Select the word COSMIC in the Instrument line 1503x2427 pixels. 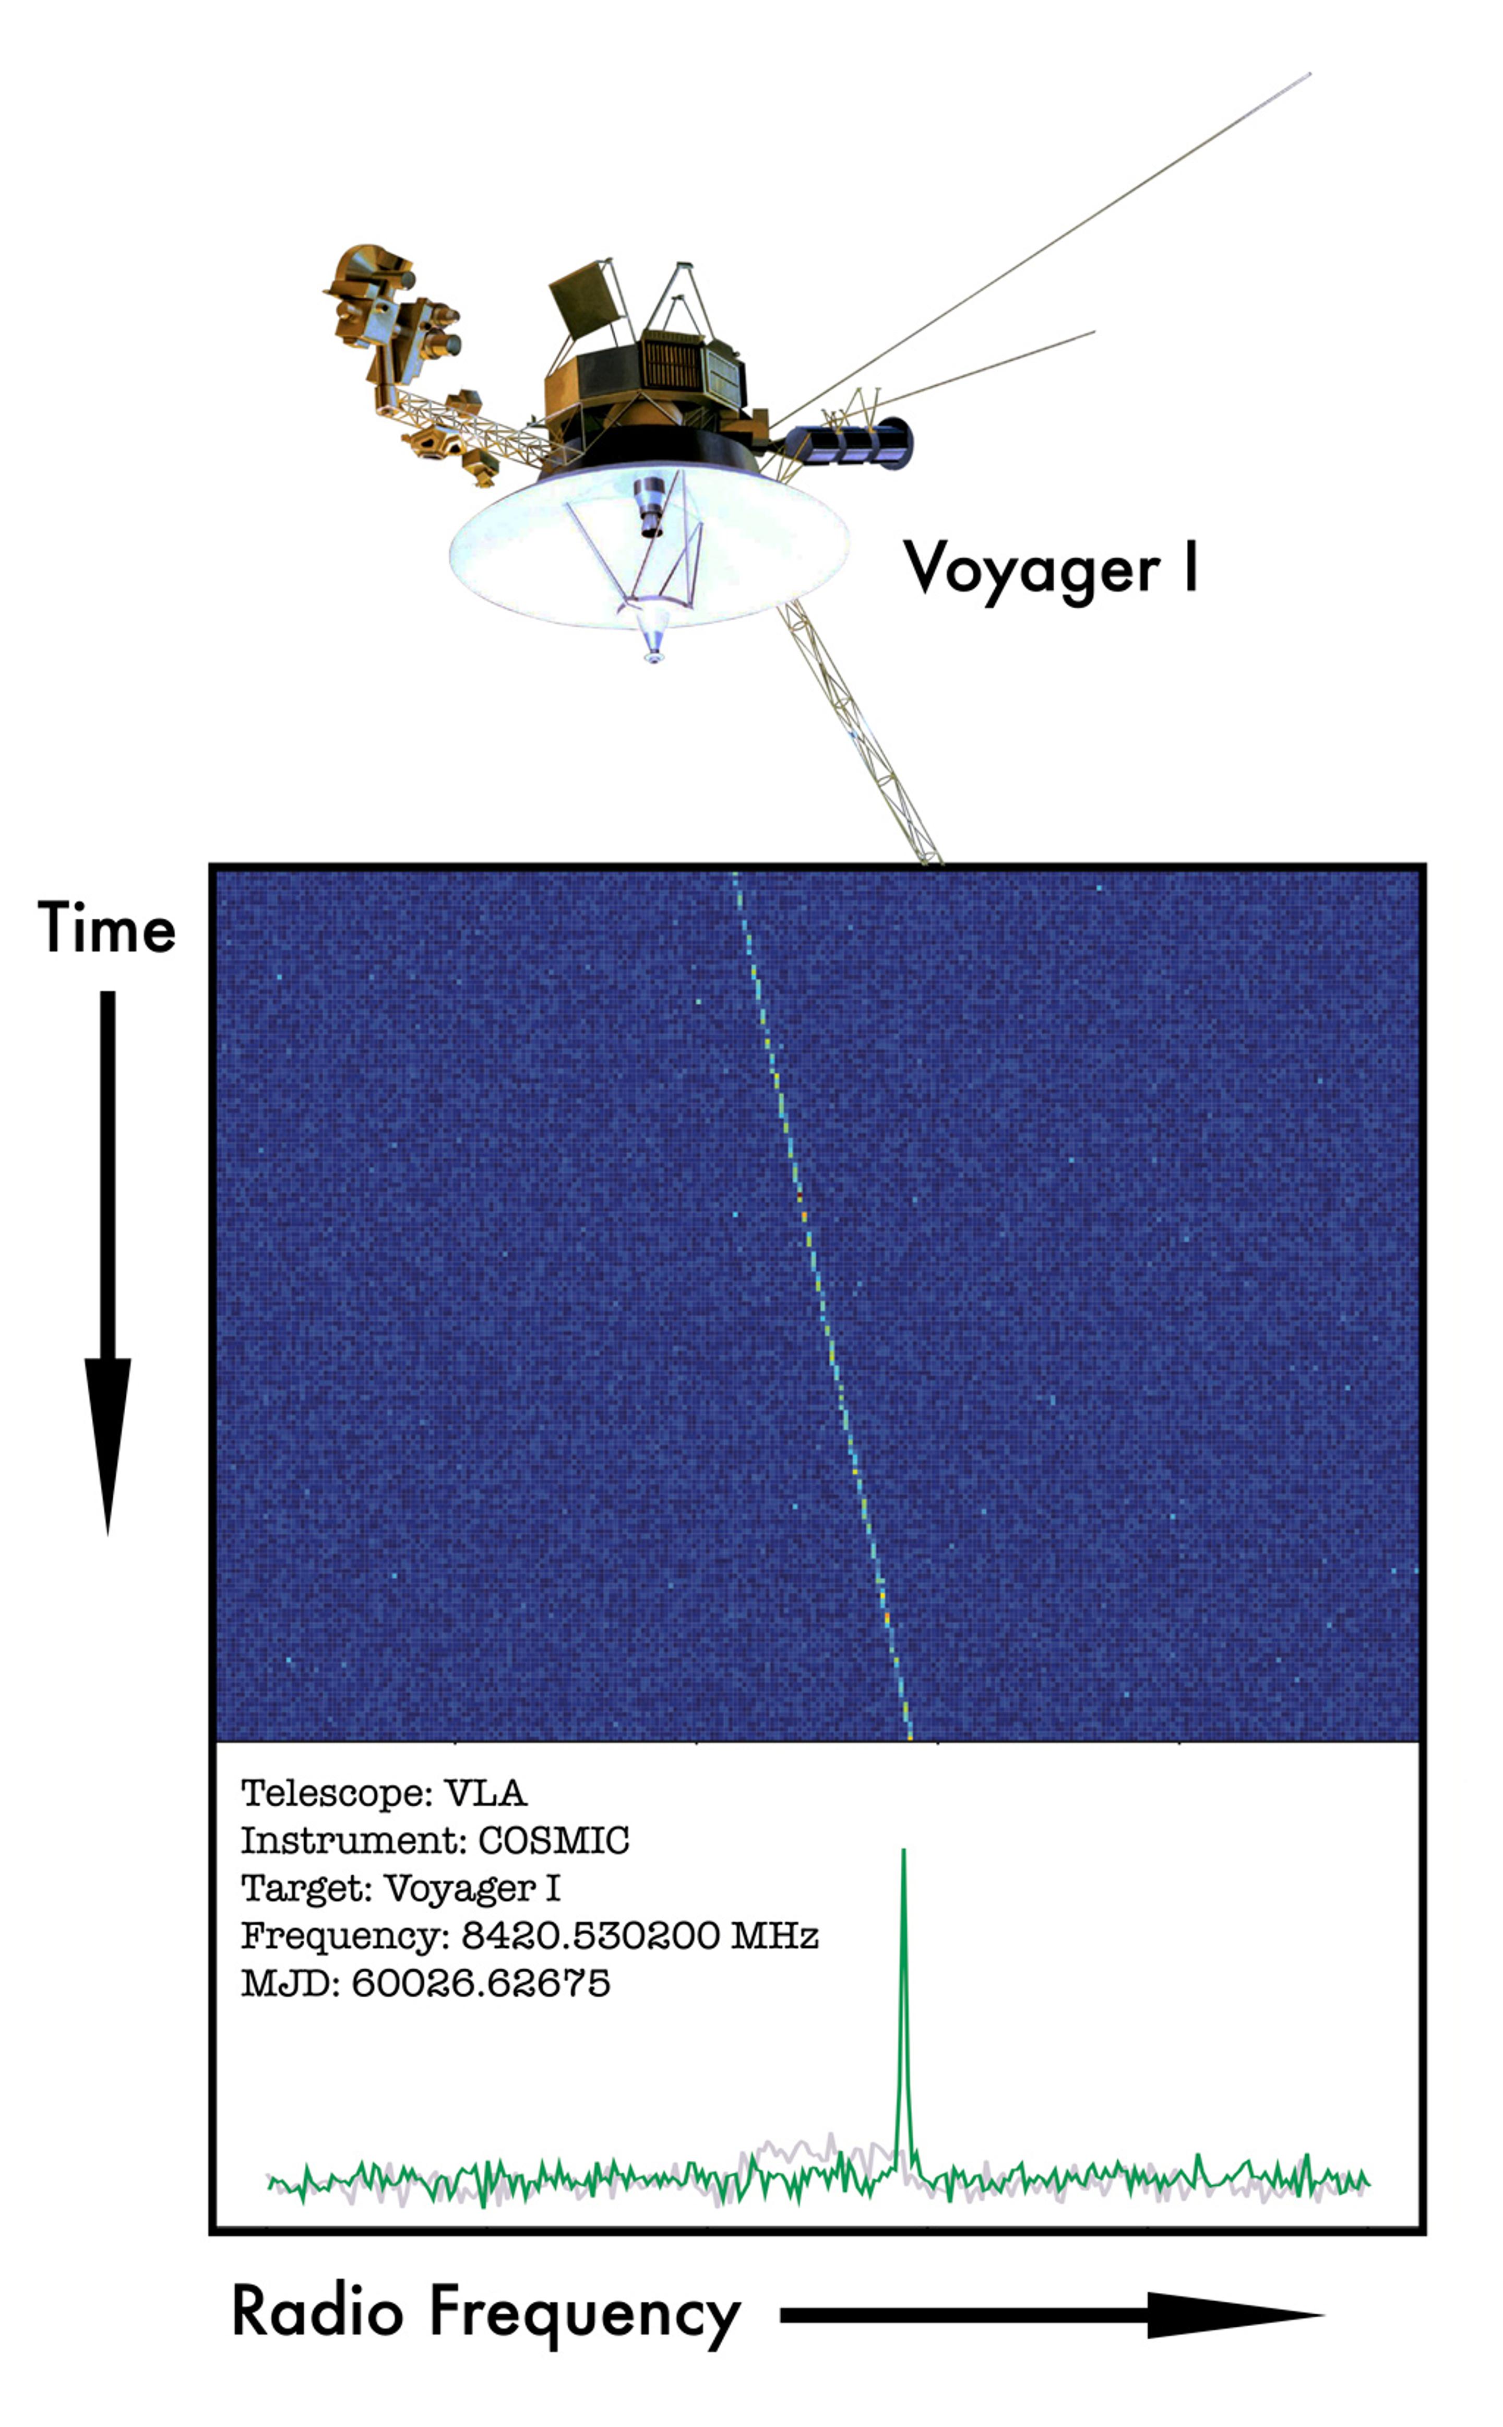[554, 1840]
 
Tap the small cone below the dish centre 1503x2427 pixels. [652, 636]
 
